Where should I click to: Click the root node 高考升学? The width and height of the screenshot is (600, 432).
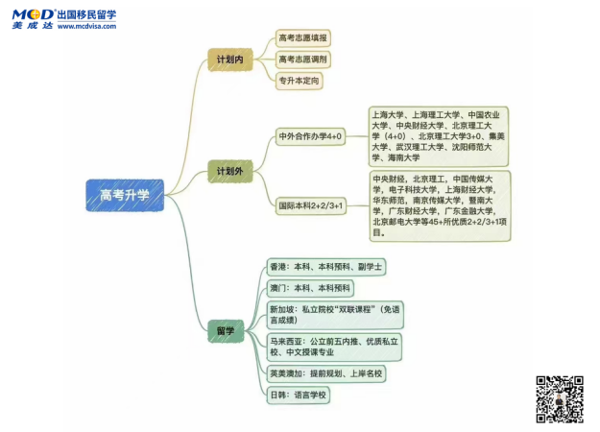pos(125,195)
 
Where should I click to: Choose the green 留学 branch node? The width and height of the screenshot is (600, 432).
pos(226,330)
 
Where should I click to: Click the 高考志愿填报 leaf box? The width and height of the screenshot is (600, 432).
pos(302,38)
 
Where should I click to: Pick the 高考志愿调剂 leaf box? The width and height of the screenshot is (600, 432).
pos(302,60)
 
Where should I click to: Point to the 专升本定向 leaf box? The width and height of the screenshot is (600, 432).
pos(300,81)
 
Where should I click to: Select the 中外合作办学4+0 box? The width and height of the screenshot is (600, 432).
pos(310,136)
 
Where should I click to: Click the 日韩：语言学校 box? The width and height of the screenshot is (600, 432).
pos(299,394)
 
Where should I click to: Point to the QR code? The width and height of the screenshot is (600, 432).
pos(558,398)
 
